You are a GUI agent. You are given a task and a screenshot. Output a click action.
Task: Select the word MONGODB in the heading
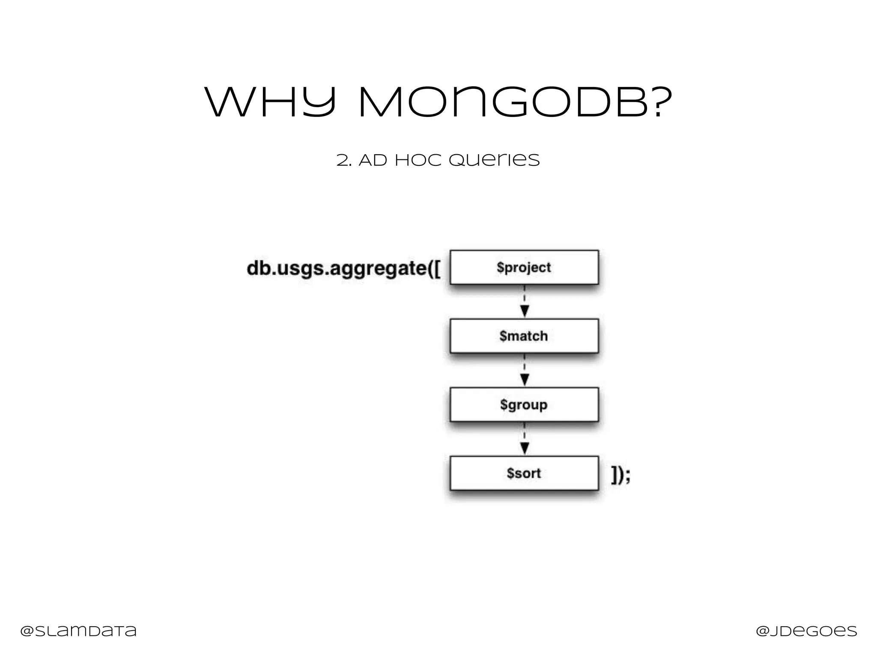503,102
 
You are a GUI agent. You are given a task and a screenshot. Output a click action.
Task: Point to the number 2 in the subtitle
342,161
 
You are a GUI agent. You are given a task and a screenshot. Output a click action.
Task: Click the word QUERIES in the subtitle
494,161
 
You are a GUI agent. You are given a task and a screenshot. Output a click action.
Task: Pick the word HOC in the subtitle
418,161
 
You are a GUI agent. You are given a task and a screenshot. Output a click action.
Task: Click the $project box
524,267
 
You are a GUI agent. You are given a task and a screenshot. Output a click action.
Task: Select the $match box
524,336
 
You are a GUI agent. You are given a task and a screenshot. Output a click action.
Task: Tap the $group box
524,404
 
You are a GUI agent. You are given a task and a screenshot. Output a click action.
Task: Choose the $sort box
524,473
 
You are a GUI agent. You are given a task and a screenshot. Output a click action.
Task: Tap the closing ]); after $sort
620,475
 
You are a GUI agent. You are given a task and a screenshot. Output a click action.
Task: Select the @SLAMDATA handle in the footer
78,631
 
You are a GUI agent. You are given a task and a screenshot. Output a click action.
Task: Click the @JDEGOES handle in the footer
806,631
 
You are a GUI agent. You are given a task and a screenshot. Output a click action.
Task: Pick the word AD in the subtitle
373,161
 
